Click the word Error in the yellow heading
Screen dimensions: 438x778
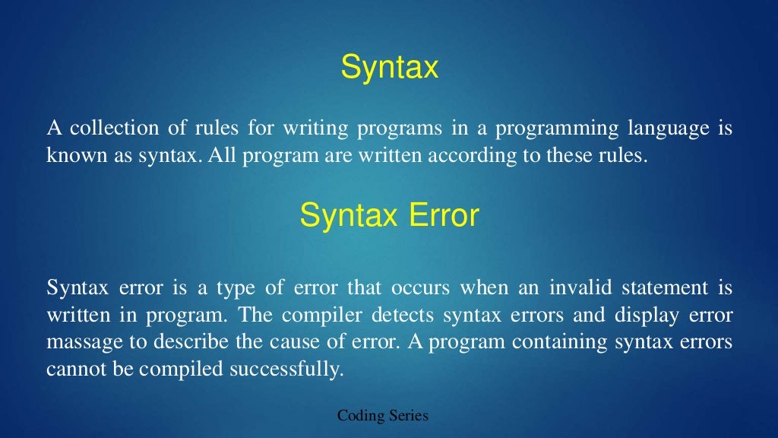pyautogui.click(x=444, y=216)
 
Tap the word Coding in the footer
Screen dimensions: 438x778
pyautogui.click(x=361, y=416)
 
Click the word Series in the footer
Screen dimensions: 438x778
pyautogui.click(x=408, y=416)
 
